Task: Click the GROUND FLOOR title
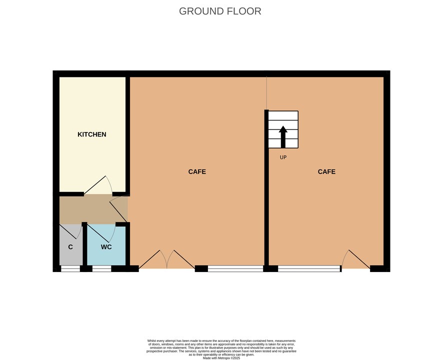220,11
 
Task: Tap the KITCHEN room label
92,134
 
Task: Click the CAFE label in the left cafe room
197,172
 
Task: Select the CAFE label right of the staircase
326,172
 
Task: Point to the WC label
106,247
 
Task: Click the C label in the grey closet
70,247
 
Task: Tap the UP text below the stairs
283,157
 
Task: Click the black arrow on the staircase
283,137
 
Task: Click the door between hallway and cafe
118,208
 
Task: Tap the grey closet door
70,231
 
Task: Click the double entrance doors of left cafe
166,259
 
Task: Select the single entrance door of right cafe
356,259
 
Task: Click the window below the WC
101,268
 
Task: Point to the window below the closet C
70,268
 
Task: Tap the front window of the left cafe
235,268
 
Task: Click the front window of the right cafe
309,268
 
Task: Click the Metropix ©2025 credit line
221,358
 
